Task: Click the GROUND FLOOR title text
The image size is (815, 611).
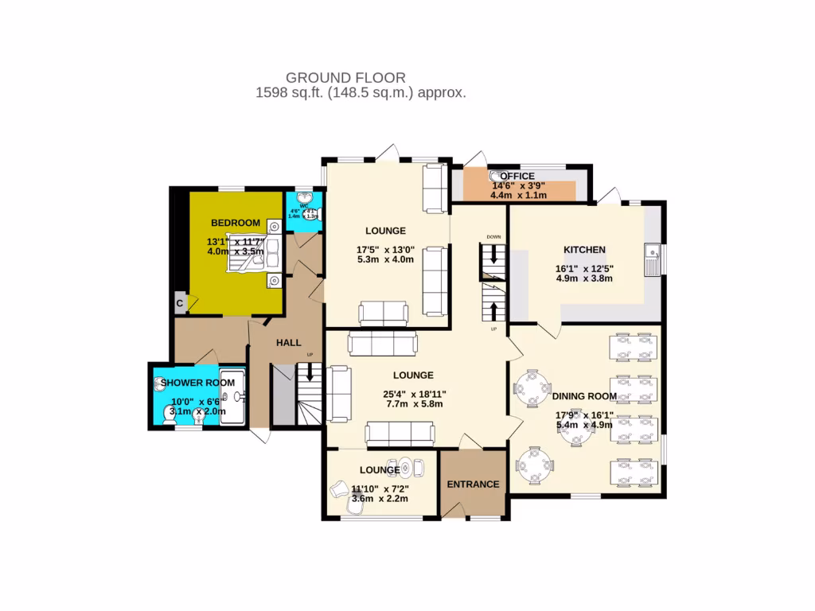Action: click(x=345, y=78)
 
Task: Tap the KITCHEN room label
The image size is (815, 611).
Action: click(x=585, y=249)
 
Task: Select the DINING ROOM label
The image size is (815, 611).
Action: click(x=585, y=396)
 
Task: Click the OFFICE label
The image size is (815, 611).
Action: click(x=517, y=176)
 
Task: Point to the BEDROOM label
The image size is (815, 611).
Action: click(x=236, y=222)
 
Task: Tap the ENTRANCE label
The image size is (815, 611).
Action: click(x=473, y=484)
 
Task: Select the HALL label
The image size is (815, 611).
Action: click(x=288, y=342)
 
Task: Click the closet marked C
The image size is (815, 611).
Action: click(x=180, y=302)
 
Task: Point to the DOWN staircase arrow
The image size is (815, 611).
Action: click(x=493, y=255)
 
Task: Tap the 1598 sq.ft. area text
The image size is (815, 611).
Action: click(x=360, y=93)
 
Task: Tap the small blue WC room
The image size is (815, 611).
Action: click(x=303, y=210)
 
